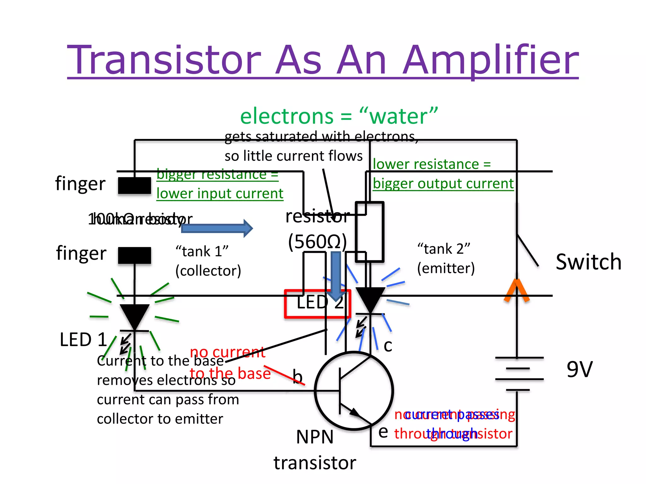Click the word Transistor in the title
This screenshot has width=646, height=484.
coord(164,60)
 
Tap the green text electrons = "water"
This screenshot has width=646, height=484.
coord(339,116)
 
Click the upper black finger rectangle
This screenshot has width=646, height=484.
coord(134,186)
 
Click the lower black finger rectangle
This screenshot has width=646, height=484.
coord(134,255)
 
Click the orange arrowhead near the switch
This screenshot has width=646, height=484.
coord(516,290)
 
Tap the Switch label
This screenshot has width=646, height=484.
coord(588,262)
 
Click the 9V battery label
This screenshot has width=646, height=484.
coord(579,369)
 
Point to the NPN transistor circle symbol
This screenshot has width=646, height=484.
coord(354,391)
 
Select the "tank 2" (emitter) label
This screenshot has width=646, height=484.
coord(445,258)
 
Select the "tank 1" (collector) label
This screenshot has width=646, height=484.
coord(208,261)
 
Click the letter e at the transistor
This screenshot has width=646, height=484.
coord(383,431)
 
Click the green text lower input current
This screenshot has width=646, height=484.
coord(220,193)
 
